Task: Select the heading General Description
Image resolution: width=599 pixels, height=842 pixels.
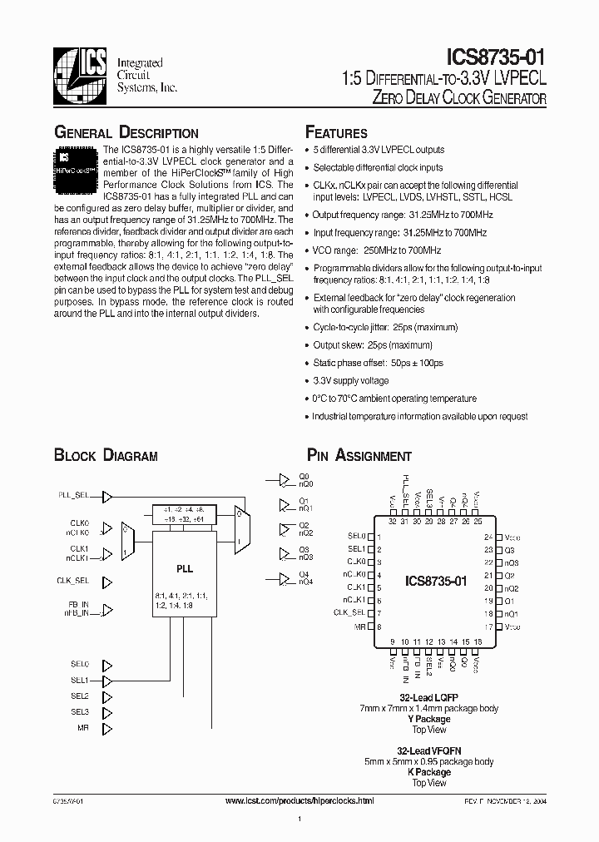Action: click(x=126, y=133)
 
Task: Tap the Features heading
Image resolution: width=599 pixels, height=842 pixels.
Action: click(x=336, y=133)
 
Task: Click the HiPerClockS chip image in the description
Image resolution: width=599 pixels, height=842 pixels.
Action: click(x=77, y=164)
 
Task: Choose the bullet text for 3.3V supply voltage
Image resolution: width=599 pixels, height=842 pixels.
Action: click(x=352, y=380)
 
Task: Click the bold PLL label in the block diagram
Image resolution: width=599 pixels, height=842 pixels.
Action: click(x=185, y=569)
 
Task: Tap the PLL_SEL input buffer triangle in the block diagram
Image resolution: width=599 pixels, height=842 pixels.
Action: click(x=106, y=496)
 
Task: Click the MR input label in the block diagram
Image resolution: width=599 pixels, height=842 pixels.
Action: click(x=83, y=728)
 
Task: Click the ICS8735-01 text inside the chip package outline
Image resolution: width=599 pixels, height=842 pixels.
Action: click(x=442, y=580)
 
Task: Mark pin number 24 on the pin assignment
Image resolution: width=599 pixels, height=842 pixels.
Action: click(x=488, y=538)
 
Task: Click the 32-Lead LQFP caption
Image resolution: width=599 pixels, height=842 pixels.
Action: click(x=429, y=697)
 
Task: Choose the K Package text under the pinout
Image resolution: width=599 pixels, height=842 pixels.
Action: click(x=429, y=772)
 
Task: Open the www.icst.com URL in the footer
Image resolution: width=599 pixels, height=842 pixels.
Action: click(x=299, y=800)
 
